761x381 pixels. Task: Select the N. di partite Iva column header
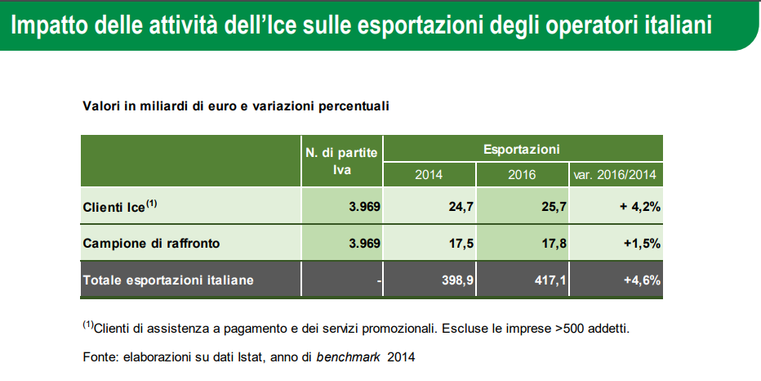point(341,161)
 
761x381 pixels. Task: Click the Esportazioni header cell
point(522,149)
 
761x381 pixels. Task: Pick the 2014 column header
point(429,174)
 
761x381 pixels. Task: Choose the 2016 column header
point(523,174)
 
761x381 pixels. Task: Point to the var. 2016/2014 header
point(615,174)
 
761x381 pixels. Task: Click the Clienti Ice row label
point(120,207)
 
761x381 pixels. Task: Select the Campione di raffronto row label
point(151,244)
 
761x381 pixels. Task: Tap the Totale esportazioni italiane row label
point(168,280)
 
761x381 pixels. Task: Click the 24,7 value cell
point(429,206)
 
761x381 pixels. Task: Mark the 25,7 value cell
point(523,206)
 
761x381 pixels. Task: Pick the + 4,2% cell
point(616,206)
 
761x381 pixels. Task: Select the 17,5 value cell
point(429,243)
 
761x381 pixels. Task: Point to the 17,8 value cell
point(523,243)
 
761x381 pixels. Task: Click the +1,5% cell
point(616,243)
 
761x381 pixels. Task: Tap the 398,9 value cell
point(429,280)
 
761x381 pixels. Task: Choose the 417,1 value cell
point(523,280)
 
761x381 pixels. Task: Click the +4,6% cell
point(616,280)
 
